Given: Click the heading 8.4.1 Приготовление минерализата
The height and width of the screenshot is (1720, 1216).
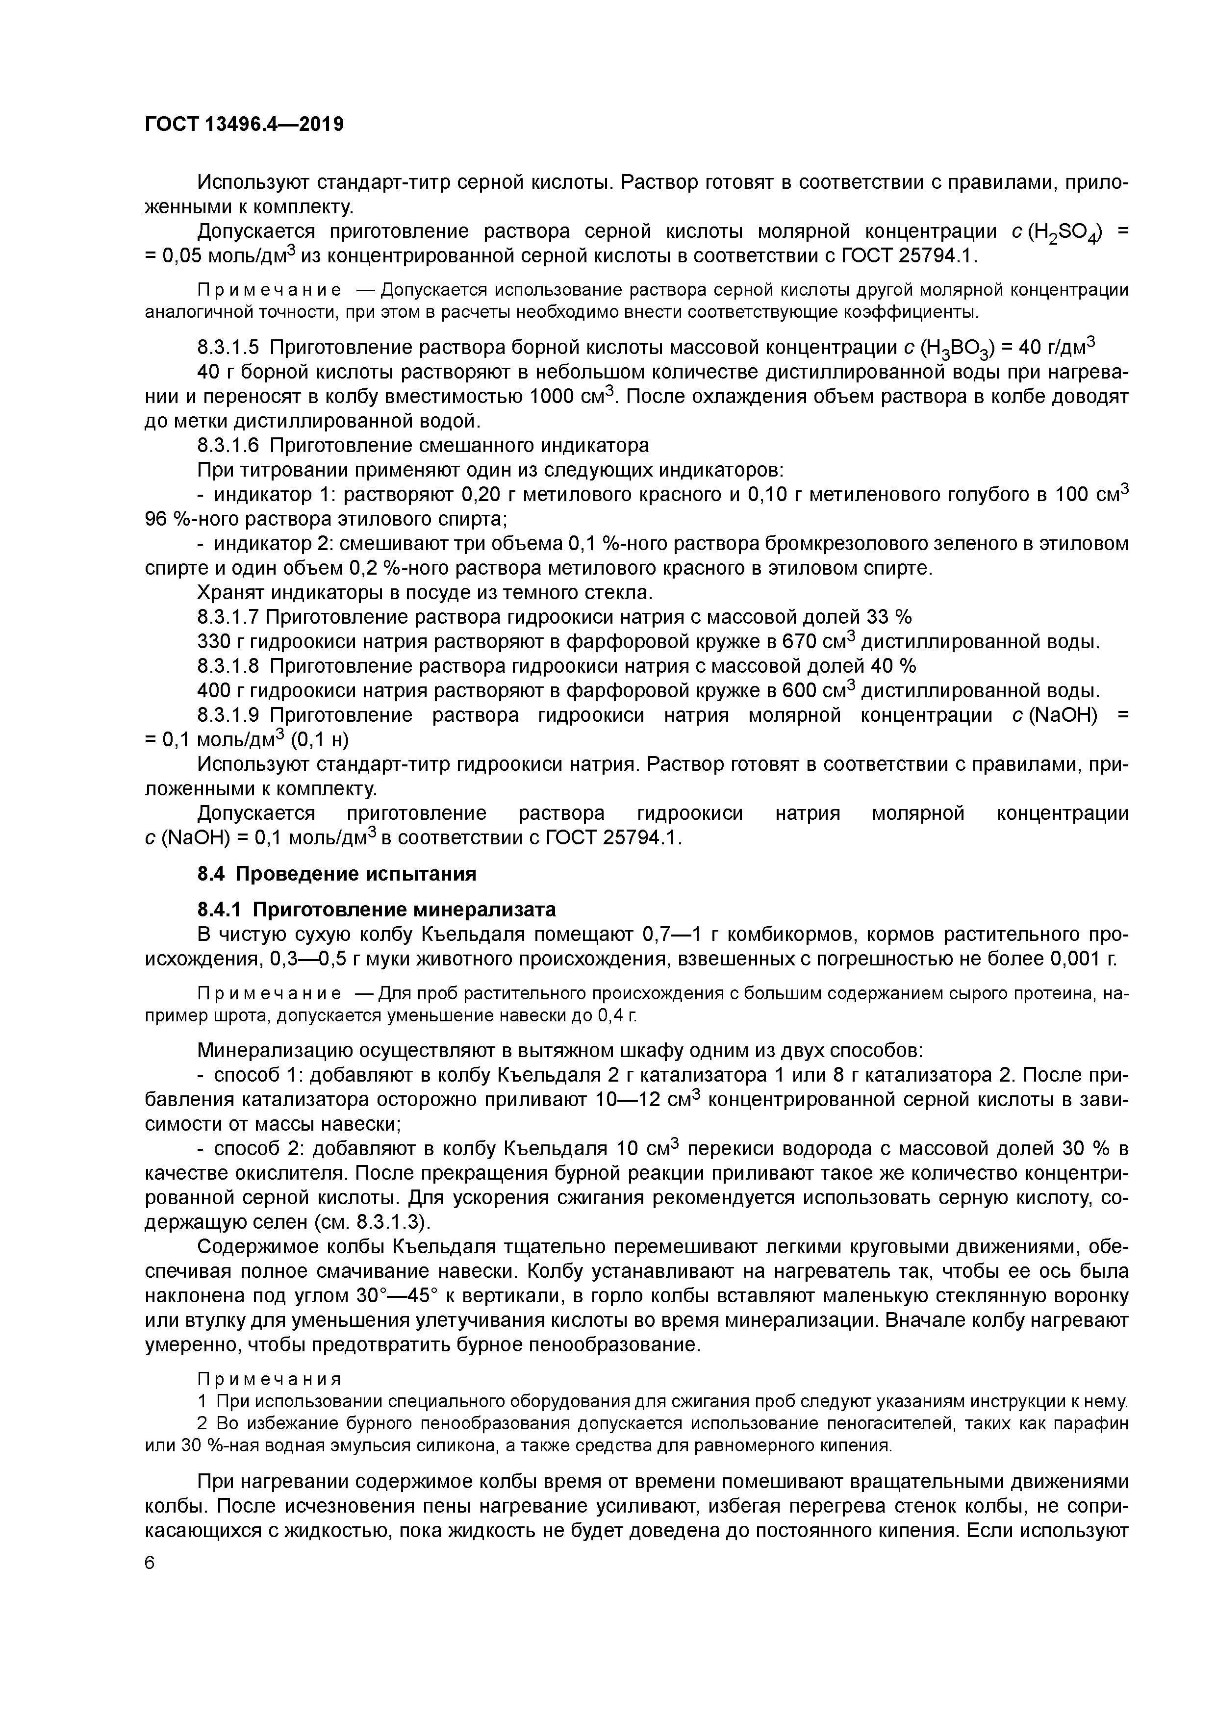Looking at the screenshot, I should point(376,910).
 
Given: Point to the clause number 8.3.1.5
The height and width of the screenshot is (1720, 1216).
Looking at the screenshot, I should point(228,348).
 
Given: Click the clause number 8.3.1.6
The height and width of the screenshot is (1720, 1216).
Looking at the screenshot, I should point(228,446).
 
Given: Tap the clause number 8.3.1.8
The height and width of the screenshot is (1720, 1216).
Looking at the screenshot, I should point(228,666).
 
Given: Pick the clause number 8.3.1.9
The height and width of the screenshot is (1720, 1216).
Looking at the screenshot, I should point(228,715).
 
